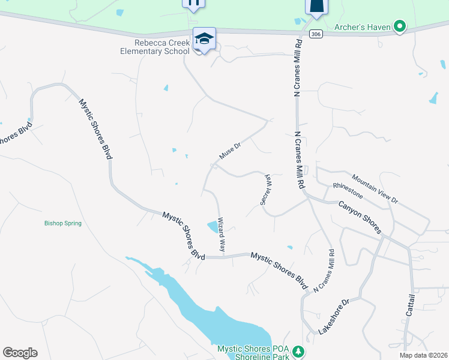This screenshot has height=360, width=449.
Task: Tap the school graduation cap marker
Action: tap(204, 40)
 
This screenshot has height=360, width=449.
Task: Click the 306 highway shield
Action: tap(315, 35)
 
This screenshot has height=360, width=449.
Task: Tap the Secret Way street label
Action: tap(267, 190)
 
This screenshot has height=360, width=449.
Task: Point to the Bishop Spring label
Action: tap(62, 223)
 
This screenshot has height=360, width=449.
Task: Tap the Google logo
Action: tap(20, 353)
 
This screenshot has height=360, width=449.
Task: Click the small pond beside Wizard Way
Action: tap(213, 227)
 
